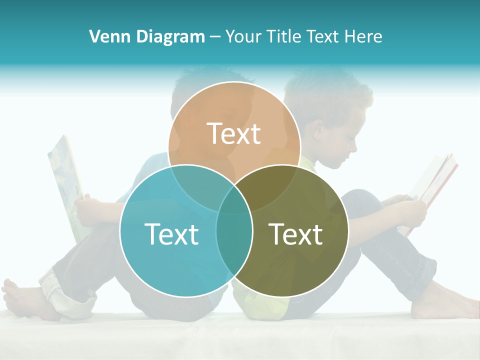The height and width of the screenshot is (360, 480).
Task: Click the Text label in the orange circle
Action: click(234, 133)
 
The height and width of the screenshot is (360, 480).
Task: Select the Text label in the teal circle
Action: click(171, 233)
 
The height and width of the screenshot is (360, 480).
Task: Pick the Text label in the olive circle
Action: click(295, 233)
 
